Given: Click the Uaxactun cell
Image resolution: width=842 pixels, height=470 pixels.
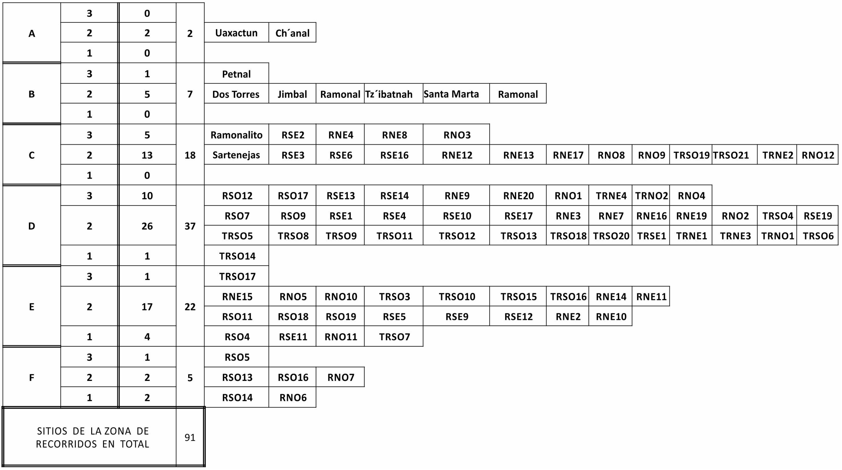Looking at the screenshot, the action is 236,33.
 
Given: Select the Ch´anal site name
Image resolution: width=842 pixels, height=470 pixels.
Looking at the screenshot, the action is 292,33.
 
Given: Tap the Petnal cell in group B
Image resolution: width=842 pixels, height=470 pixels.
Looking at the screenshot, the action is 236,74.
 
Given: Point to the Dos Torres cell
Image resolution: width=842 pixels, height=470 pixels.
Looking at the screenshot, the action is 236,94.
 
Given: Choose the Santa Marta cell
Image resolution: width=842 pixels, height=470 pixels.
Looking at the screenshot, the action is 456,94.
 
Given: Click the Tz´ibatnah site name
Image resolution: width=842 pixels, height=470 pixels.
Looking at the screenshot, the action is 389,94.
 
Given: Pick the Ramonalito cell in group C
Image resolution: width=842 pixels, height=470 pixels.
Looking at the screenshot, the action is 236,135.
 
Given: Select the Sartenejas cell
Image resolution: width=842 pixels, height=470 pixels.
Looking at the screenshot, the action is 236,155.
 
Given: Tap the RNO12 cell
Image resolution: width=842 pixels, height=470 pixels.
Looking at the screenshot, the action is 818,155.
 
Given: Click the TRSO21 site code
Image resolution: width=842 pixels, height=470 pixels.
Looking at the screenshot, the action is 731,155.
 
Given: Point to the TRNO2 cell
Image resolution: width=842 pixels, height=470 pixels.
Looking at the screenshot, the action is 651,195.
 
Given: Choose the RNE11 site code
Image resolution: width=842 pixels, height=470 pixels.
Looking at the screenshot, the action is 651,297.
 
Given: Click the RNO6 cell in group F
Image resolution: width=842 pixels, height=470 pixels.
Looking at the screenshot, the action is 292,397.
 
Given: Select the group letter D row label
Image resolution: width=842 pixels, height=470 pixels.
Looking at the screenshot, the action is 32,226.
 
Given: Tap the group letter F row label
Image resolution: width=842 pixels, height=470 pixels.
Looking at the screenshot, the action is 32,378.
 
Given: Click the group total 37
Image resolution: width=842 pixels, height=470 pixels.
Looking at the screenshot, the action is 190,226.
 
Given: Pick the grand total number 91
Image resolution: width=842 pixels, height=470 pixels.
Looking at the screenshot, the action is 190,437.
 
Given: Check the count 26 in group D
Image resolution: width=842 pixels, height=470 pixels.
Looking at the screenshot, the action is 147,226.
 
